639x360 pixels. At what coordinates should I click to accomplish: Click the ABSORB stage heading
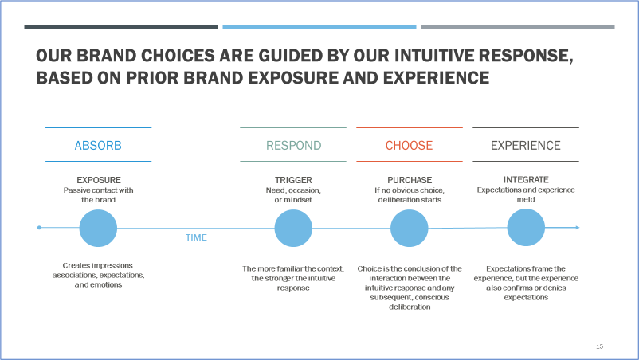tap(98, 146)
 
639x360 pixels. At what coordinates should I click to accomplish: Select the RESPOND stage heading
tap(293, 146)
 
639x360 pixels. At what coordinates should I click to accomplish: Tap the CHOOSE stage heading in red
tap(409, 146)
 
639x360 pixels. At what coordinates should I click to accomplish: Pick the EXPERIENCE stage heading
tap(525, 146)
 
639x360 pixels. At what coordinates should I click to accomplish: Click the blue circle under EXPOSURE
tap(98, 228)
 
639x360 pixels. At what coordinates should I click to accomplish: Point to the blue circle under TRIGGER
tap(293, 228)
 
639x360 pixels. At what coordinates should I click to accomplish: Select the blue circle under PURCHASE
tap(410, 228)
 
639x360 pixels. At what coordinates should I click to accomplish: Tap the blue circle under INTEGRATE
tap(526, 228)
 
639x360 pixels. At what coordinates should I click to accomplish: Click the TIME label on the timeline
tap(196, 237)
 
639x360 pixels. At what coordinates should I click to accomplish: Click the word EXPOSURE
tap(98, 180)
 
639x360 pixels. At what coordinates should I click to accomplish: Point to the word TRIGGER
tap(293, 180)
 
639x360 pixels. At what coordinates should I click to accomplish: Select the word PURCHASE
tap(410, 180)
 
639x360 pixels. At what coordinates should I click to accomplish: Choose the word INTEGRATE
tap(526, 180)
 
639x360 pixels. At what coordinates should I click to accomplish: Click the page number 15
tap(599, 346)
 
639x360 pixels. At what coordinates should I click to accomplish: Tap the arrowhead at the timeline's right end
tap(577, 228)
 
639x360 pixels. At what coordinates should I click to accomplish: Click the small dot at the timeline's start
tap(39, 228)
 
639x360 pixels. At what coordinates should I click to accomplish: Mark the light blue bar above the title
tap(319, 27)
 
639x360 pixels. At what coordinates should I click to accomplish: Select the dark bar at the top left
tap(121, 27)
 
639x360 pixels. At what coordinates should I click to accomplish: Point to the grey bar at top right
tap(517, 27)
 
